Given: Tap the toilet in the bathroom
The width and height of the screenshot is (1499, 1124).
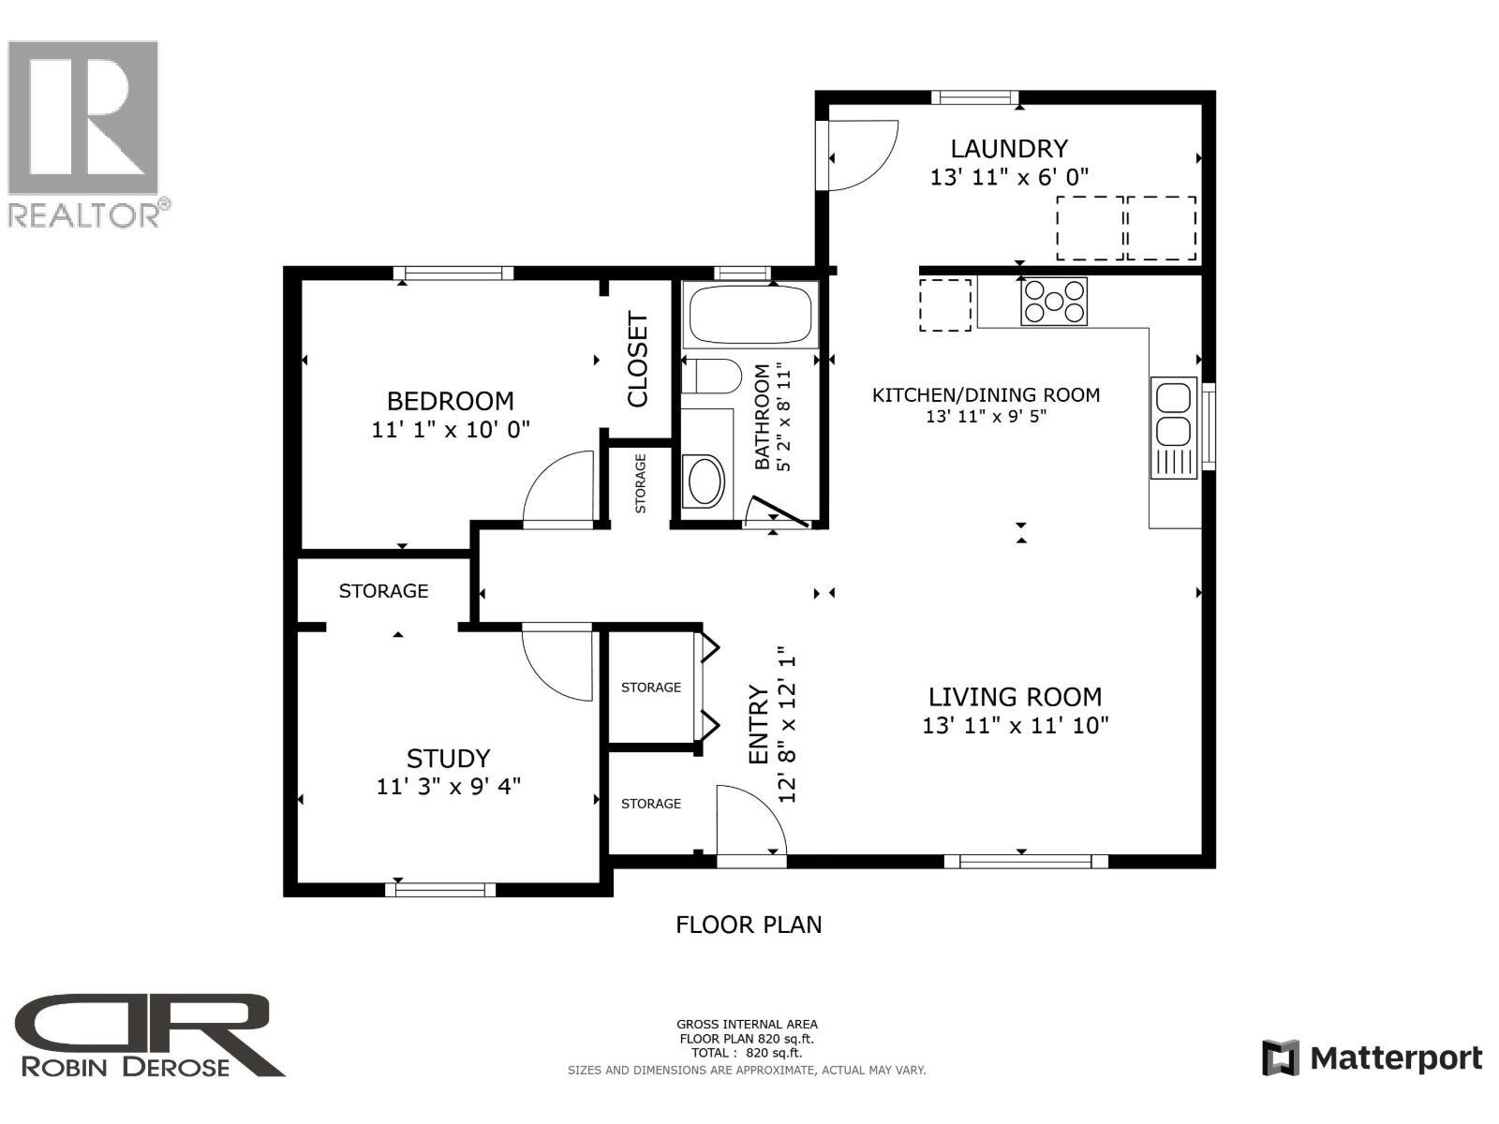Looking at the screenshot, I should [712, 377].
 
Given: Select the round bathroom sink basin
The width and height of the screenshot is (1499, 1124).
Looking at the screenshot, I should [704, 481].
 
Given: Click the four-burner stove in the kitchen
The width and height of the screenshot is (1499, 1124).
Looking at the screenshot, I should [1054, 301].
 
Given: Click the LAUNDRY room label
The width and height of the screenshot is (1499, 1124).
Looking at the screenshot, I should [1009, 149].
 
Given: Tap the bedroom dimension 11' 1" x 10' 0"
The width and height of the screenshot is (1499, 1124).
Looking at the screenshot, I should [451, 430].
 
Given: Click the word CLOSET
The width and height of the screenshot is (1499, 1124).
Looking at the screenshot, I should [638, 360].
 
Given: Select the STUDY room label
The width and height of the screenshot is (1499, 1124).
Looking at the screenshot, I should [448, 758].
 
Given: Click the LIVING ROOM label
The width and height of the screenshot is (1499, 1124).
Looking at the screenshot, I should [1015, 697].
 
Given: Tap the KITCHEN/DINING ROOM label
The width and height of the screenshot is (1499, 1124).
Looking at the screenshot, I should [986, 395].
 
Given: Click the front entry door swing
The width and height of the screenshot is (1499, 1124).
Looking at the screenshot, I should [748, 821].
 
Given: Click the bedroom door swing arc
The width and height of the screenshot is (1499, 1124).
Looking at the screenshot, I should [558, 487].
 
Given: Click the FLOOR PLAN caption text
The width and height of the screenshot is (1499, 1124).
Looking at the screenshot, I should [749, 924].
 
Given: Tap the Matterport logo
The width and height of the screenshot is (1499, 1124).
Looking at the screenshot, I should [1372, 1058].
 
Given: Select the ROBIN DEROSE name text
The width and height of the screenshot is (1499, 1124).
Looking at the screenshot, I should [126, 1067].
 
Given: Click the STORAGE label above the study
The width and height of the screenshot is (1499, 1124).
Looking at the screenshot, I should [383, 591].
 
